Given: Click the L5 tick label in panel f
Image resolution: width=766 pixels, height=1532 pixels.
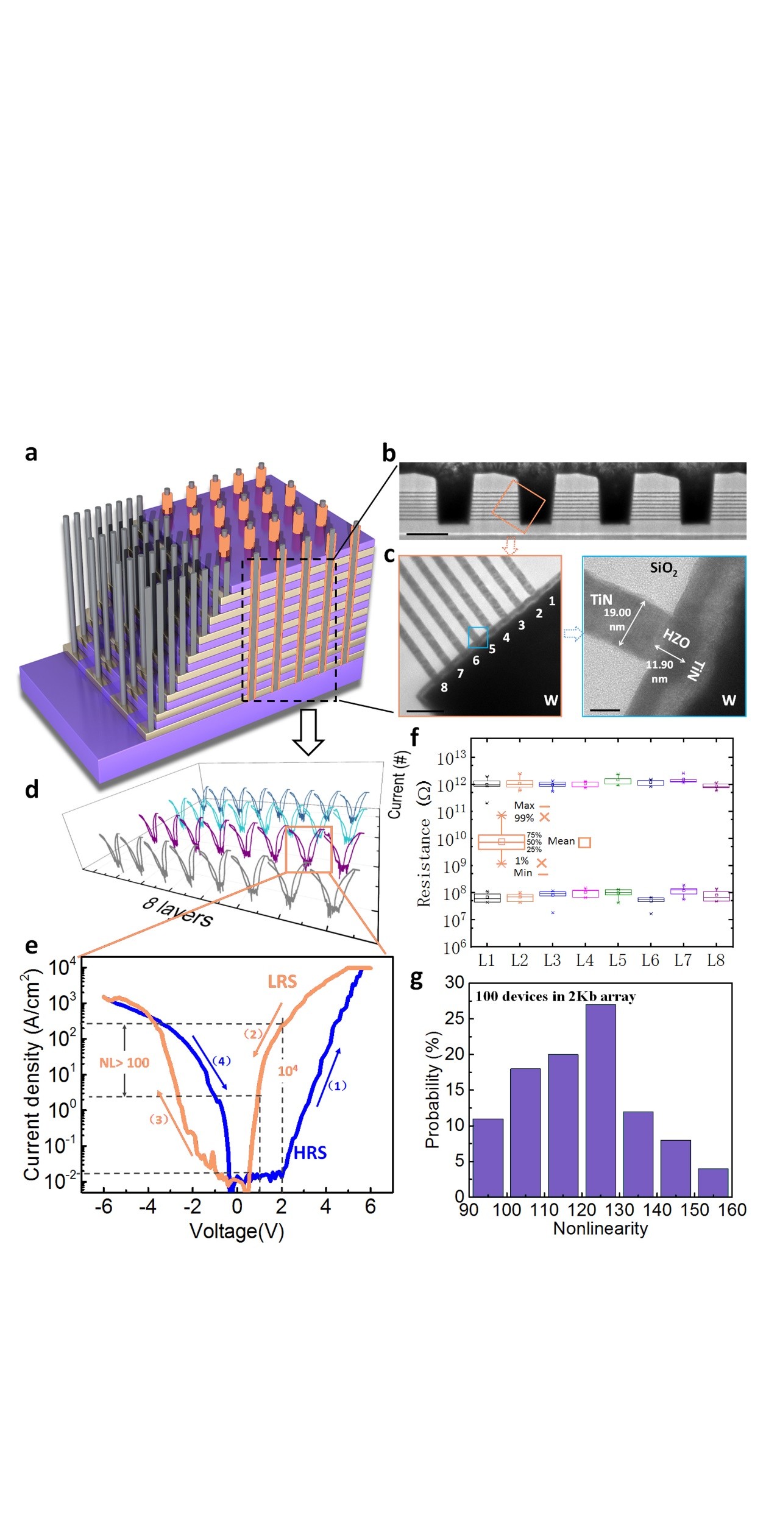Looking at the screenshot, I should pos(617,961).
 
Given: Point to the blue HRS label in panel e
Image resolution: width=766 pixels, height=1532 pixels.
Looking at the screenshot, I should pos(310,1153).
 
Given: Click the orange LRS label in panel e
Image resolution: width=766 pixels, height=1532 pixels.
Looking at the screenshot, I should pos(282,982).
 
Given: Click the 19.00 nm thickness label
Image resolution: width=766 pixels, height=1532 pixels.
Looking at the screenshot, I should pos(617,613).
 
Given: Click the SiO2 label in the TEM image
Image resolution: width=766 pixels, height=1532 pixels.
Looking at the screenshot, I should pos(663,569).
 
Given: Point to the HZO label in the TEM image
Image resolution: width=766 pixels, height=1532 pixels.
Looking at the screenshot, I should pos(676,639).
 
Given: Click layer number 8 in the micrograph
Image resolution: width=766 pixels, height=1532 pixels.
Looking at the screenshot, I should pos(444,687).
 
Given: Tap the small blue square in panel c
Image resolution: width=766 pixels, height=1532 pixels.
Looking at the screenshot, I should pos(478,637).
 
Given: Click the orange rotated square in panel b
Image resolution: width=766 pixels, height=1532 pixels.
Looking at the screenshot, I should pos(518,506).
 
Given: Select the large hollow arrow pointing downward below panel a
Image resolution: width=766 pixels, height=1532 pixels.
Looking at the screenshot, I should pos(308,731).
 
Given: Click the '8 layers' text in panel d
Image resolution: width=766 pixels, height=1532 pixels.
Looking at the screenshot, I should pos(177,913).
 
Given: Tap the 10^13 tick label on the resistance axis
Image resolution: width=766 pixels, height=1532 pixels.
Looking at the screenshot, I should pos(451,758).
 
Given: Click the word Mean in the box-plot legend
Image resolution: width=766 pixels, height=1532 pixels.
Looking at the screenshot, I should pos(561,842).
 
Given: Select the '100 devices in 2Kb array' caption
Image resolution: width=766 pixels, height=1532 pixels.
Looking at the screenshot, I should pos(555,997).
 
